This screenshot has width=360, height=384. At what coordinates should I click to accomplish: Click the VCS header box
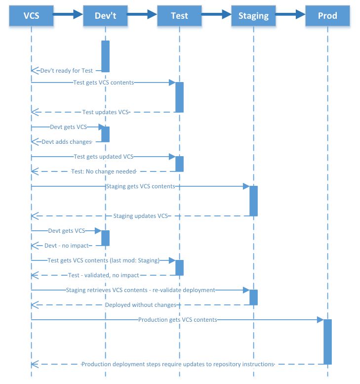coord(31,16)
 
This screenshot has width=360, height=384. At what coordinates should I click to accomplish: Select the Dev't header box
coord(105,16)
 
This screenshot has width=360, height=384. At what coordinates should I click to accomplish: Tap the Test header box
coord(179,16)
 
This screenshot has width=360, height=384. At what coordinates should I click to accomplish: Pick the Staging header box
coord(253,16)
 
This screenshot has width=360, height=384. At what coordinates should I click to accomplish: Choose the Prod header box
coord(327,16)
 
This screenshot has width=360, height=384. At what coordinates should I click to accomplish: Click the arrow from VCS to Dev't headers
coord(68,14)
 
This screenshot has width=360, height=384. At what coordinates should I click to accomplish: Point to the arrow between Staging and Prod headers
coord(290,14)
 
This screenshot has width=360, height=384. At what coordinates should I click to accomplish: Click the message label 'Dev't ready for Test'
coord(67,71)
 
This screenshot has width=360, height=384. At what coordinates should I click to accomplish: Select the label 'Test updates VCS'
coord(106,112)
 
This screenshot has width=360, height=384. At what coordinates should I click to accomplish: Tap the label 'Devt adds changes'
coord(67,142)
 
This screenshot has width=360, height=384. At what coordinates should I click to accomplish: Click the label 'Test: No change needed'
coord(104,171)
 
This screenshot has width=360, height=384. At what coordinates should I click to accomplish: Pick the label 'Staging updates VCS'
coord(140,216)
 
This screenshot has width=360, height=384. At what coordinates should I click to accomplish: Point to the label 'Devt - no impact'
coord(67,246)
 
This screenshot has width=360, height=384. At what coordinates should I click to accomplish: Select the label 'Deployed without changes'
coord(141,305)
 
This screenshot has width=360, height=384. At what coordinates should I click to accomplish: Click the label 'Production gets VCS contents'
coord(178,320)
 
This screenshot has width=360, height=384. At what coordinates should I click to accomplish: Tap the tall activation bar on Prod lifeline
coord(328,341)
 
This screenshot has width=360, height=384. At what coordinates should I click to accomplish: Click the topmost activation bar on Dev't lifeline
coord(106,56)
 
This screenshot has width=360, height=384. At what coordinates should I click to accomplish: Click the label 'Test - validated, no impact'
coord(104,275)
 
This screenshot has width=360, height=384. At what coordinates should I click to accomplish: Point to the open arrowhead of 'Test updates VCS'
coord(35,112)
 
